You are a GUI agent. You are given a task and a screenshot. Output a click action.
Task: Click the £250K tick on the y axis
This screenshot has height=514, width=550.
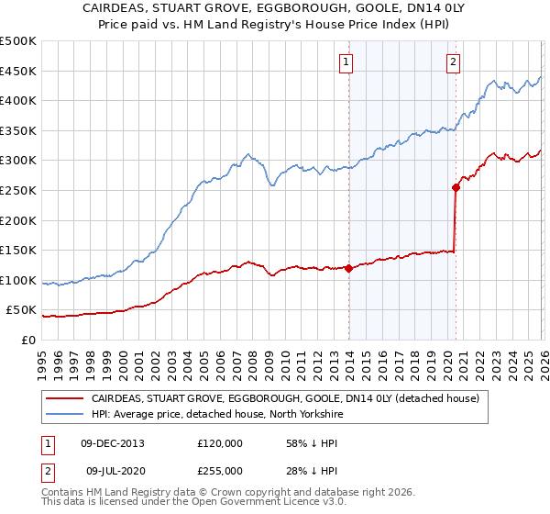pos(17,190)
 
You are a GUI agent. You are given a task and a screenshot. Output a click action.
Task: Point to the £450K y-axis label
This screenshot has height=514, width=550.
pos(17,71)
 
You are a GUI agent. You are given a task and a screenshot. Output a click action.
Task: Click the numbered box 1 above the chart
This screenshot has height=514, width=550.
pos(346,62)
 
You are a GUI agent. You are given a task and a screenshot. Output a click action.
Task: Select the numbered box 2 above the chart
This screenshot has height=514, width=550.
pos(454,62)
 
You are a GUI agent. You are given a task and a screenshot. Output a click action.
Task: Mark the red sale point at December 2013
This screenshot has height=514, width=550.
pos(348,268)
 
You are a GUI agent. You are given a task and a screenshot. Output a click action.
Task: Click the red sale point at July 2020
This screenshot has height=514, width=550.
pos(456,187)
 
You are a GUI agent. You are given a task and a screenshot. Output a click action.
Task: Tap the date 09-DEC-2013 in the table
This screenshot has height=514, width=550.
pos(113,443)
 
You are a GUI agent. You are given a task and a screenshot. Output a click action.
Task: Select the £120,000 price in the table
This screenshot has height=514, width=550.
pos(220,443)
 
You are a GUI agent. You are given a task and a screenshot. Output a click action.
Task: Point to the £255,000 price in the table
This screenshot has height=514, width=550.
pos(220,471)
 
